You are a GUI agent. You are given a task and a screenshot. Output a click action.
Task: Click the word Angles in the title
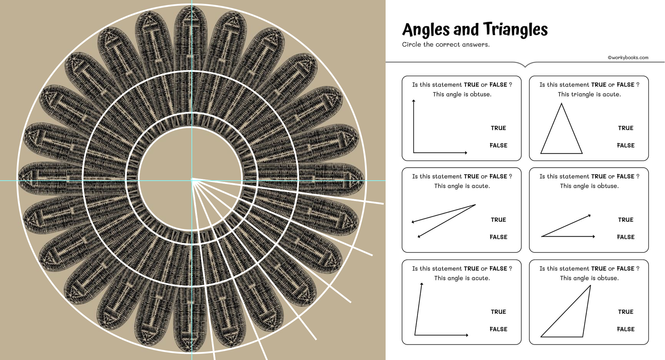pos(426,30)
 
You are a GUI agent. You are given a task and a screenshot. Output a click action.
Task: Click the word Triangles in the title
pos(515,29)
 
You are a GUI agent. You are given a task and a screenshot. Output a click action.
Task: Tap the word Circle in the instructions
pos(411,44)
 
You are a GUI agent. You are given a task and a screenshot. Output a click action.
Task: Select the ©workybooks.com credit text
pos(628,57)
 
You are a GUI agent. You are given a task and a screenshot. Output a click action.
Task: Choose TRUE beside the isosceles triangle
pos(625,128)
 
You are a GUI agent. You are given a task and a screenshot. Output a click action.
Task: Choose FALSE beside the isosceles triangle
pos(625,145)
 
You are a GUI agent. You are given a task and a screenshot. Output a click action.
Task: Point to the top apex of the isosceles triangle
pos(561,104)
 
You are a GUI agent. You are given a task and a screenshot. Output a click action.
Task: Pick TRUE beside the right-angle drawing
pos(498,128)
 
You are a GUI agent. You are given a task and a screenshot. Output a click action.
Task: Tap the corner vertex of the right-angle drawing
pos(414,153)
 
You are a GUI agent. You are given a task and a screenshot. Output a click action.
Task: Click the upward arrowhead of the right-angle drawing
pos(414,101)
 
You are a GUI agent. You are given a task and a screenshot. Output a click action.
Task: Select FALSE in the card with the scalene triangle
pos(625,329)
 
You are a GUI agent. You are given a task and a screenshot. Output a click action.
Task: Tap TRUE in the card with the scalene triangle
pos(625,312)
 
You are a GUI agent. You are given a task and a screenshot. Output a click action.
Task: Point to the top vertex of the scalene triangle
pos(590,286)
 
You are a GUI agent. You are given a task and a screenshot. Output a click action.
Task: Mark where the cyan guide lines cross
pos(192,180)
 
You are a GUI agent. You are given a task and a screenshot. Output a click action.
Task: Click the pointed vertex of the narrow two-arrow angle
pos(475,205)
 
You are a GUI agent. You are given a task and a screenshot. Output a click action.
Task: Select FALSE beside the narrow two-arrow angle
pos(498,237)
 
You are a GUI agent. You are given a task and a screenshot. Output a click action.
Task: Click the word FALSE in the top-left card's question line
pos(498,85)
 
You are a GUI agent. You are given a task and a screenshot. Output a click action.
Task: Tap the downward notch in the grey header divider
pos(525,66)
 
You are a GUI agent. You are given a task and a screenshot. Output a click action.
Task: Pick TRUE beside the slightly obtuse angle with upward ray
pos(498,312)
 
